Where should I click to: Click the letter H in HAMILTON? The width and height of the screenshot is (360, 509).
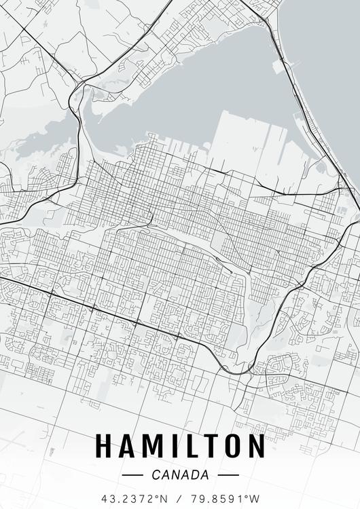105,446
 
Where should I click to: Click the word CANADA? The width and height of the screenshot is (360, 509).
180,475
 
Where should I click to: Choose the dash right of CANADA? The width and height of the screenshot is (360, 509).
229,475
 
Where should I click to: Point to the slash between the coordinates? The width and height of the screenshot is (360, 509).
180,498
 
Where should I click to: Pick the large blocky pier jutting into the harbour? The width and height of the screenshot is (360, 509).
238,136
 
